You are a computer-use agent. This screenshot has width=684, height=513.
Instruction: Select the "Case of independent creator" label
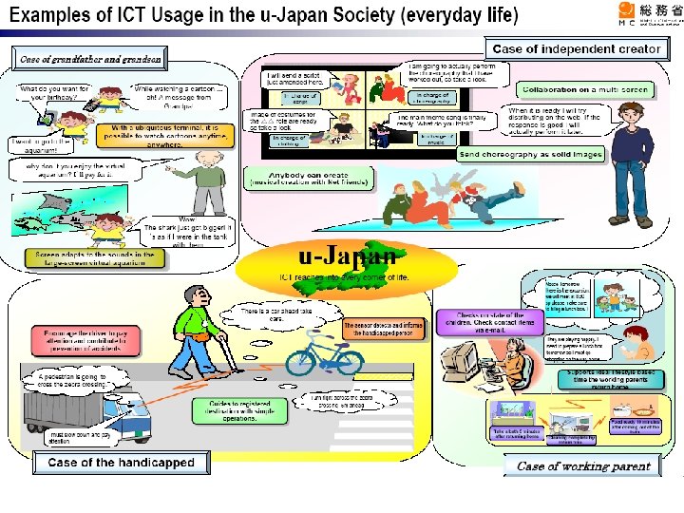point(576,48)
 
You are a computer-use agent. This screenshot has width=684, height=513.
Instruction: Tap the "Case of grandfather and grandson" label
point(90,59)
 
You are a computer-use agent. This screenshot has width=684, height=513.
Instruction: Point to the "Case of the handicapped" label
point(121,463)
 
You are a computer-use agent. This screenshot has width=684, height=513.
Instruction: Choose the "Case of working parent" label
point(583,465)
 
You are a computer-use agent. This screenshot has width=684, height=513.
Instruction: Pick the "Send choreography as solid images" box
point(531,154)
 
